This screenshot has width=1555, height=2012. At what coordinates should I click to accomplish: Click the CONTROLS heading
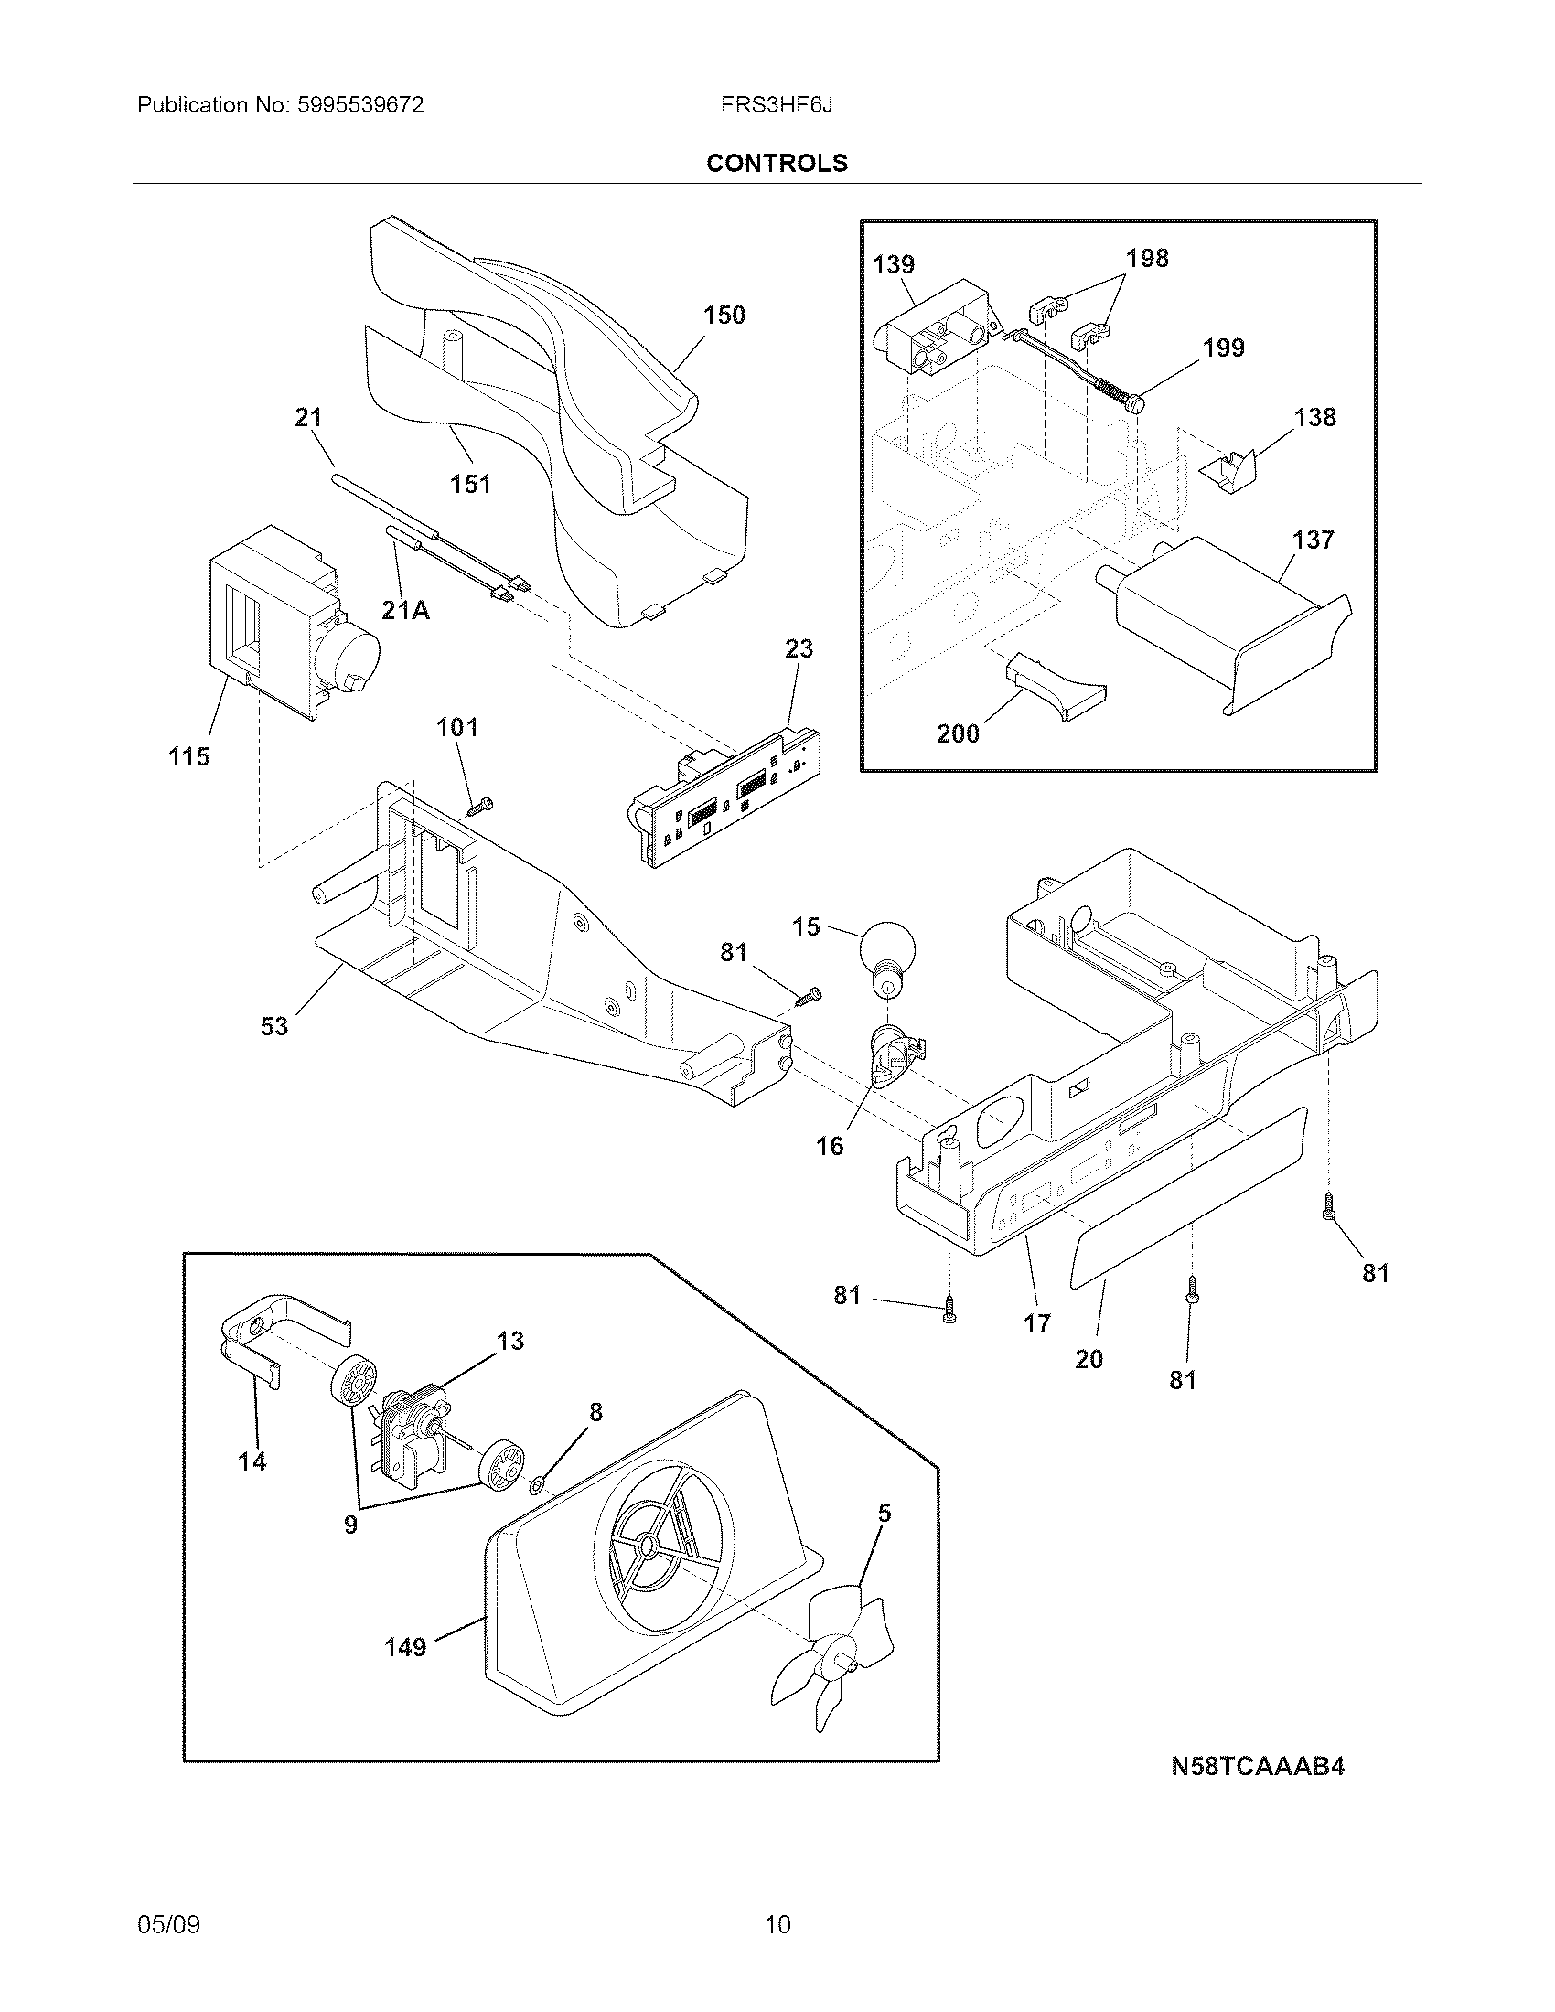coord(777,163)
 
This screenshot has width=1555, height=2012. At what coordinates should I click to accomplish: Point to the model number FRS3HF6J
coord(777,105)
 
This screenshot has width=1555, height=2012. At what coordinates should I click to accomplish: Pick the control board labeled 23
coord(728,795)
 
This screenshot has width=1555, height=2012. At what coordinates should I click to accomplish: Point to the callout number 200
coord(958,733)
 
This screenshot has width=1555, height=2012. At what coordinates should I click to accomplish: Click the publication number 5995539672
coord(360,105)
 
